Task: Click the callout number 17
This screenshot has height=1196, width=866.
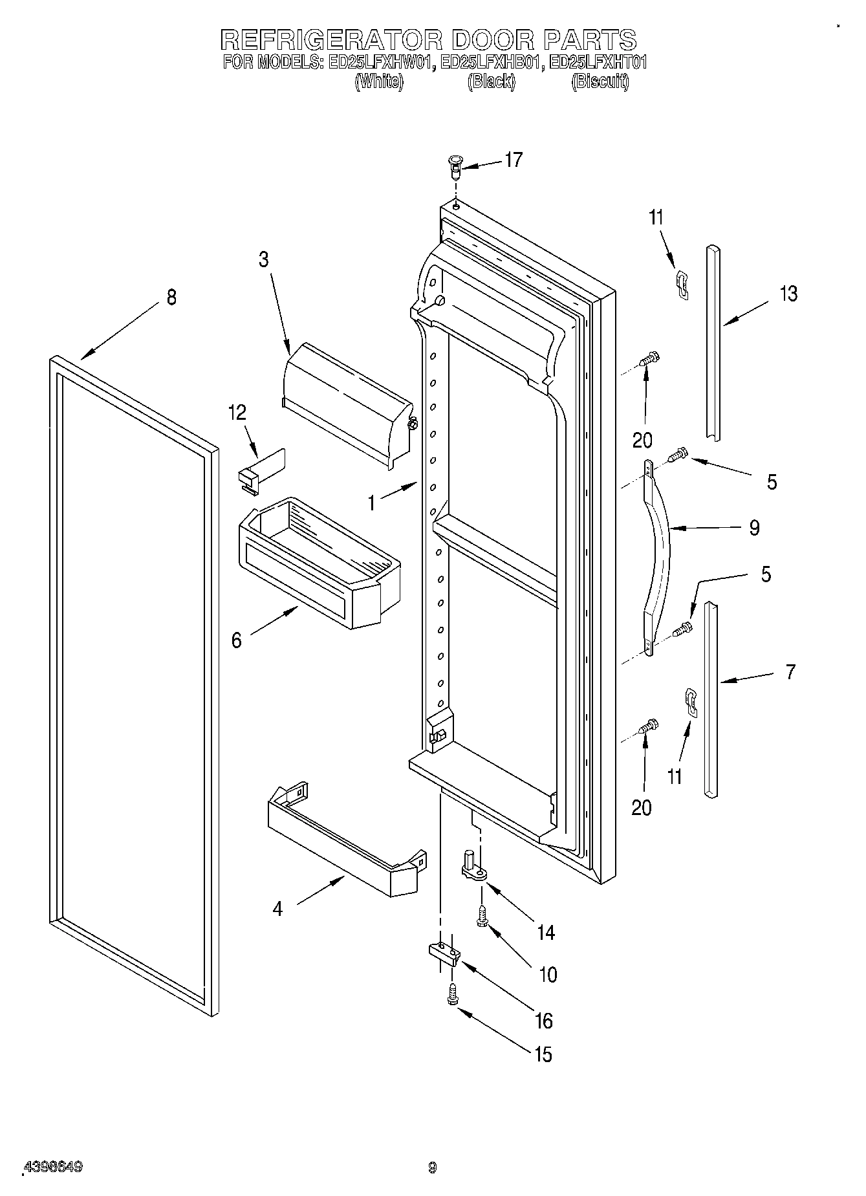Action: coord(513,160)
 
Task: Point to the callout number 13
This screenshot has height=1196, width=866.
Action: coord(788,294)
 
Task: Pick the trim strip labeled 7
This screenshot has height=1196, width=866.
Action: coord(711,699)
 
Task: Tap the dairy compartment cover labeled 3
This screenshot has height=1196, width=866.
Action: coord(346,401)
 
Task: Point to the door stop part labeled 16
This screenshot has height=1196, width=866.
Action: coord(444,952)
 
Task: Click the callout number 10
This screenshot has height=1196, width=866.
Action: coord(547,974)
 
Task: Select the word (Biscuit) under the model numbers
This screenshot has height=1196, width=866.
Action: coord(600,82)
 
